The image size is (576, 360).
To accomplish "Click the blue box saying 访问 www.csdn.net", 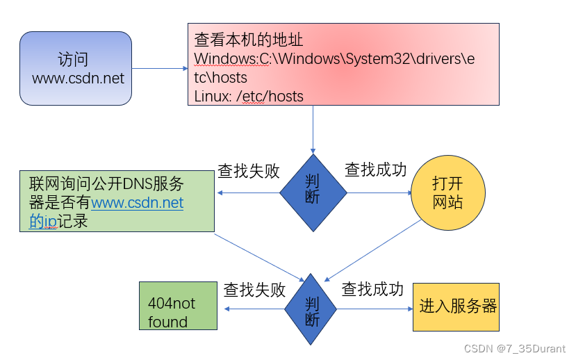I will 75,68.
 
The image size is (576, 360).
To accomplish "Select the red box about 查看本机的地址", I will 343,64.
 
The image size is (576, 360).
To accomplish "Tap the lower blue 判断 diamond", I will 312,309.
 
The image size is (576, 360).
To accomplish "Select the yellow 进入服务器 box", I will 456,306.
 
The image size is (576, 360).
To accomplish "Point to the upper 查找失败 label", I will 248,171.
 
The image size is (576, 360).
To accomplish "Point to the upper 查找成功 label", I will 375,170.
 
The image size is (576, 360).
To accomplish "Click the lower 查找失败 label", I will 254,290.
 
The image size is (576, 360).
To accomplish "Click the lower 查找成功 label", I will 372,289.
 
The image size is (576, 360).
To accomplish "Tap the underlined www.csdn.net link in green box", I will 138,203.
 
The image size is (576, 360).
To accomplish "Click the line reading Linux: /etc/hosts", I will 249,96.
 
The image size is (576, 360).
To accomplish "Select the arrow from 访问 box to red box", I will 160,68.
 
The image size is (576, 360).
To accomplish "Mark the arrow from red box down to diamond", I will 313,129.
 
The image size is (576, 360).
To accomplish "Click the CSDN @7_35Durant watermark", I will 515,348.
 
